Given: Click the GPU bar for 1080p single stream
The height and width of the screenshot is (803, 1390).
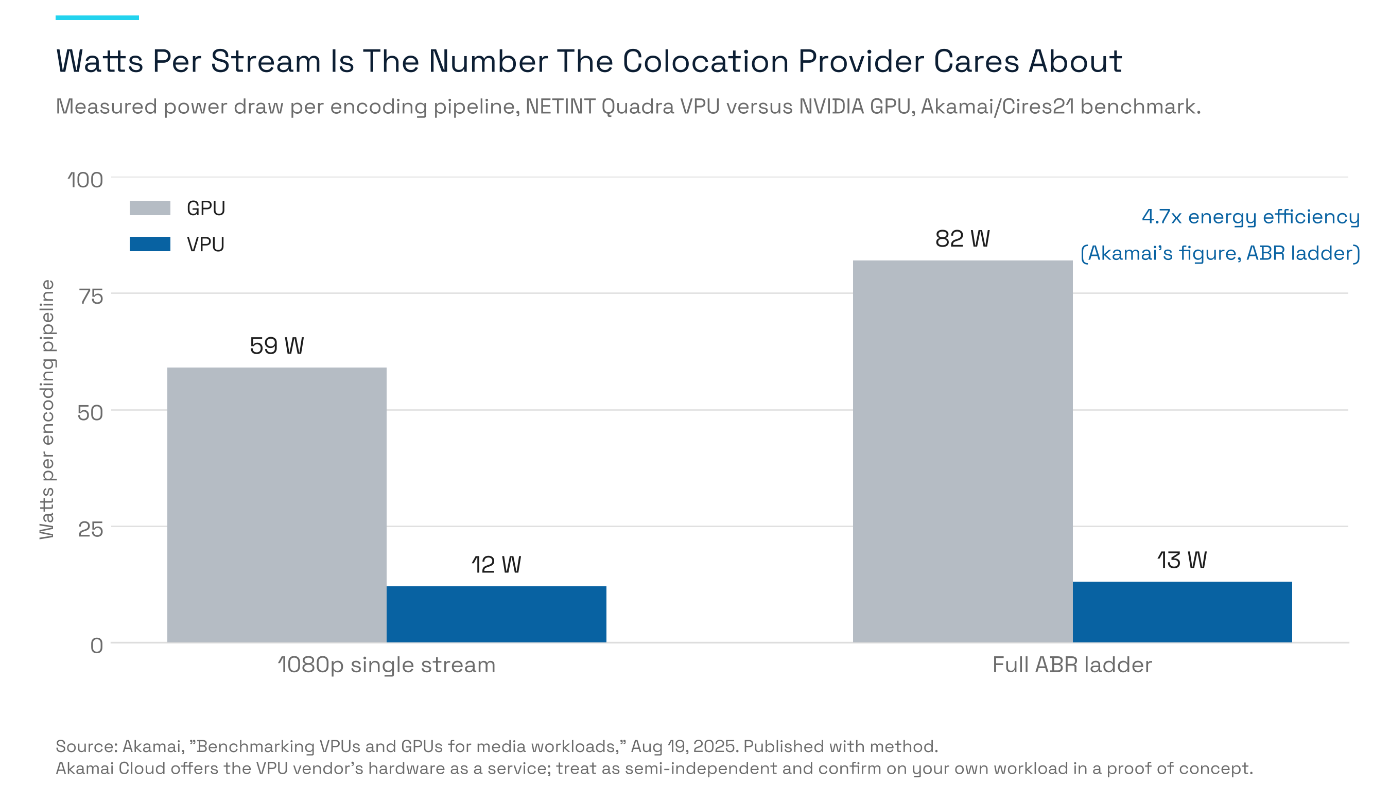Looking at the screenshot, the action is tap(277, 505).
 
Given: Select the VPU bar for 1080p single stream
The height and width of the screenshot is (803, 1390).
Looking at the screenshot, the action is tap(496, 615).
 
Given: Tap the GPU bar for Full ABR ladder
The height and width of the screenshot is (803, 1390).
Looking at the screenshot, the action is tap(963, 452).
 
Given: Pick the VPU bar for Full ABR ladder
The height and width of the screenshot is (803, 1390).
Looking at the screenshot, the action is tap(1182, 612).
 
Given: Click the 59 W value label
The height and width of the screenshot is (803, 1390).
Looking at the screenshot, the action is tap(277, 346).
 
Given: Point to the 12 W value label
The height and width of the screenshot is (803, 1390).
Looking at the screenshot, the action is tap(496, 565).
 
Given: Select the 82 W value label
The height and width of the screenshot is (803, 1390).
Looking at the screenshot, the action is tap(963, 239).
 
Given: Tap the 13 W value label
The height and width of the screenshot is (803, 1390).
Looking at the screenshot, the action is tap(1182, 561).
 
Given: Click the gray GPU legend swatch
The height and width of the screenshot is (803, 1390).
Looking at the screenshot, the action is tap(150, 208).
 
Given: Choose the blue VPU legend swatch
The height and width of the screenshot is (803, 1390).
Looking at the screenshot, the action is tap(150, 244).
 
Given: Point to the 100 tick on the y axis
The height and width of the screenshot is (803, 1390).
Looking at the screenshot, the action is tap(85, 180).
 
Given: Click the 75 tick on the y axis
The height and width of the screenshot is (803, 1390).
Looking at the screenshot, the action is tap(91, 296).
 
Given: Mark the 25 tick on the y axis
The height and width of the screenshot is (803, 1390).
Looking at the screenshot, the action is tap(91, 529).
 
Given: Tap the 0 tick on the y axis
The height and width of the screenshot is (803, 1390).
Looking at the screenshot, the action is tap(97, 645).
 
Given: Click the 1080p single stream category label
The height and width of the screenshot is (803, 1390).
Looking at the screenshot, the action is tap(387, 665).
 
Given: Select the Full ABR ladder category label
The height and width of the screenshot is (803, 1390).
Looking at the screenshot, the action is tap(1072, 665).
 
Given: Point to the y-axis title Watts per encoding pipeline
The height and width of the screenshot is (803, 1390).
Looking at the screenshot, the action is tap(47, 409).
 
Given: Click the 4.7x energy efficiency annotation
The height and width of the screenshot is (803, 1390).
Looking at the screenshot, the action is tap(1250, 217).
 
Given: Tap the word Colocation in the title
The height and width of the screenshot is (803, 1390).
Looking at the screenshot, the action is tap(705, 61).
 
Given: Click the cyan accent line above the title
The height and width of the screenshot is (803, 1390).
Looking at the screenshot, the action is tap(97, 18).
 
